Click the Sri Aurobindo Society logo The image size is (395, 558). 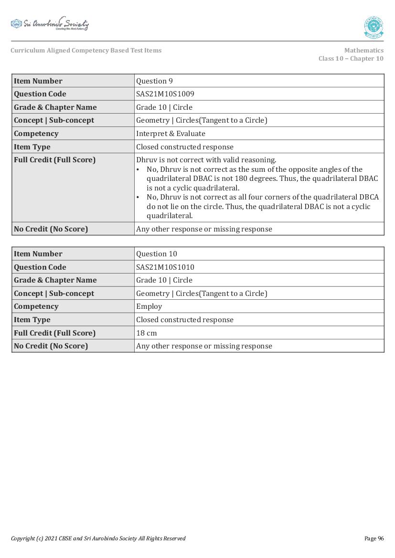pos(50,24)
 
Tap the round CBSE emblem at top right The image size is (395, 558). pos(374,27)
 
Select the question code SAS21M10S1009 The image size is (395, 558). pos(165,94)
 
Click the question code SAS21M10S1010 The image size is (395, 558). pos(165,267)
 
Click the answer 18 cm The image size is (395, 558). pos(146,333)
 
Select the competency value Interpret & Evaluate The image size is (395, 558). pos(171,134)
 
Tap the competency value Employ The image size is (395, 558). pos(149,306)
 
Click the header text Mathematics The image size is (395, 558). pos(363,51)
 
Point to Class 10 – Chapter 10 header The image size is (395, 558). pos(351,59)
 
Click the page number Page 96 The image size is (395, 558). pos(374,538)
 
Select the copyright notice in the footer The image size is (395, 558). pos(98,538)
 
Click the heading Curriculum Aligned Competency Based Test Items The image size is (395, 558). pos(86,51)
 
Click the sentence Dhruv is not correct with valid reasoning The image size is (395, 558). pos(206,160)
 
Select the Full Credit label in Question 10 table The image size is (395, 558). pos(54,333)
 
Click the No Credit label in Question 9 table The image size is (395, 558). pos(51,229)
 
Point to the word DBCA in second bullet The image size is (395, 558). pos(368,197)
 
